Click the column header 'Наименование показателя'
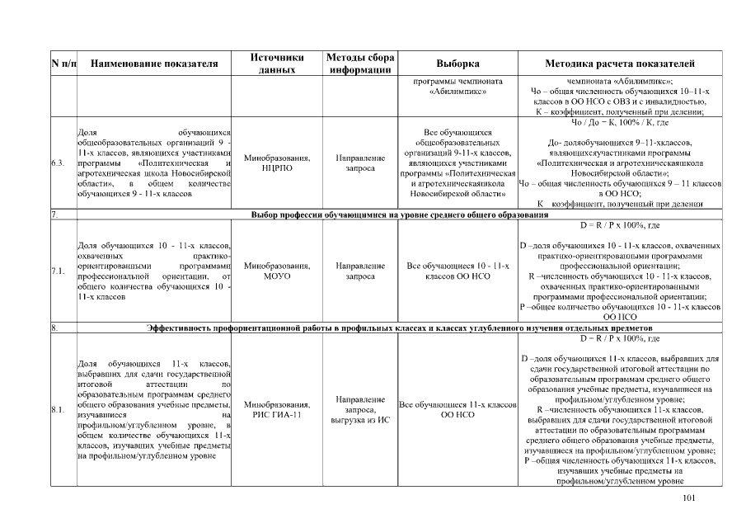[154, 64]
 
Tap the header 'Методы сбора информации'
[360, 64]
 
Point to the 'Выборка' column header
[457, 64]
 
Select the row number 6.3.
[58, 163]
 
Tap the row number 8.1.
[58, 409]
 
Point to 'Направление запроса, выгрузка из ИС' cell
[360, 409]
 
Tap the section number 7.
[54, 214]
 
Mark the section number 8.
[54, 329]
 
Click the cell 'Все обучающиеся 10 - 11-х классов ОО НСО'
[457, 271]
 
